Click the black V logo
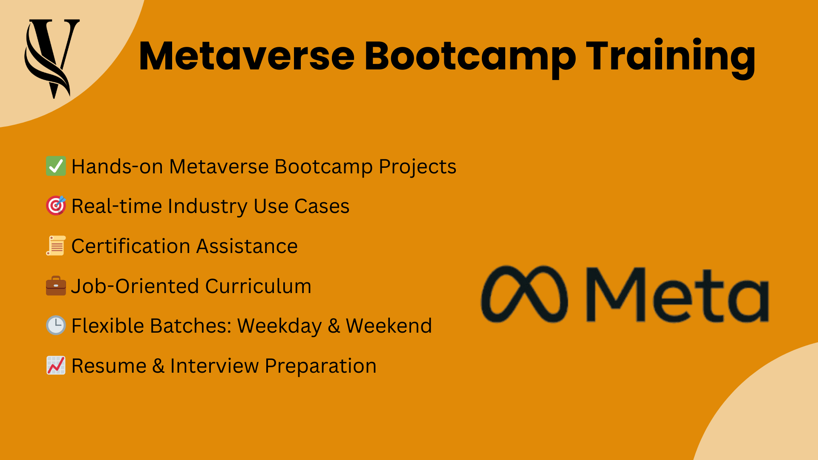52,57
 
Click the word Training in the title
671,57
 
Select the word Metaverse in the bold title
246,57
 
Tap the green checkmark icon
56,166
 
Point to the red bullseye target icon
56,206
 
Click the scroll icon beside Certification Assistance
56,246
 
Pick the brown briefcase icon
56,286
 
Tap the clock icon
56,325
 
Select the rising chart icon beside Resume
56,365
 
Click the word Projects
418,167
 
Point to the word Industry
207,206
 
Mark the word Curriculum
258,286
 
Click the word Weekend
389,326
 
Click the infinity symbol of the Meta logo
524,294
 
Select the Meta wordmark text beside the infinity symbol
677,295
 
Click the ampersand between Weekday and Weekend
334,326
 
